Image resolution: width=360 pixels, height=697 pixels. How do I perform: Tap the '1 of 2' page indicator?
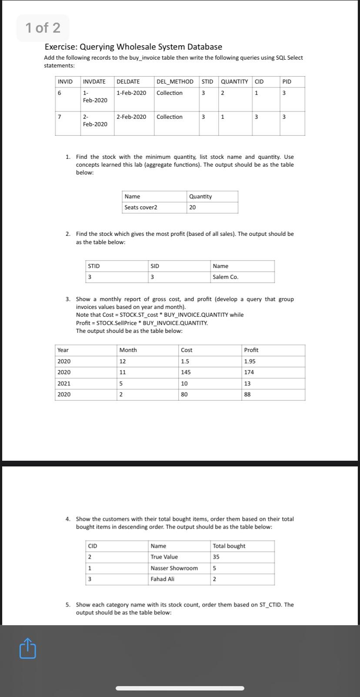pyautogui.click(x=43, y=28)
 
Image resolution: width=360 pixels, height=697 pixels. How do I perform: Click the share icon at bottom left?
pyautogui.click(x=27, y=648)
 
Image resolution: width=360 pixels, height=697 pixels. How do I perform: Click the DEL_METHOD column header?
pyautogui.click(x=175, y=82)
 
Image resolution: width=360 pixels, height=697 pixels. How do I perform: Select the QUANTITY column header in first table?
pyautogui.click(x=234, y=82)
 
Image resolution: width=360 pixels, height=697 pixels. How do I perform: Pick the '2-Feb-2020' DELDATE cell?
pyautogui.click(x=131, y=117)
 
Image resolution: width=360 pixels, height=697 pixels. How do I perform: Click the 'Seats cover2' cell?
pyautogui.click(x=141, y=208)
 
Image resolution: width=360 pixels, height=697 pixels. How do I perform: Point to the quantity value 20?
pyautogui.click(x=193, y=208)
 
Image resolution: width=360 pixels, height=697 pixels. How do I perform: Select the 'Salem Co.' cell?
pyautogui.click(x=226, y=277)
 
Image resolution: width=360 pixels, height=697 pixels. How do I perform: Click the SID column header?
pyautogui.click(x=155, y=266)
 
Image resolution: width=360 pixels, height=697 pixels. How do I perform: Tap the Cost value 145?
pyautogui.click(x=186, y=372)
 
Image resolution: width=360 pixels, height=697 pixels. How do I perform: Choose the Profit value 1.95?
pyautogui.click(x=250, y=362)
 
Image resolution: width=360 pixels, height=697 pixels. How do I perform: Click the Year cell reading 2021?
pyautogui.click(x=64, y=384)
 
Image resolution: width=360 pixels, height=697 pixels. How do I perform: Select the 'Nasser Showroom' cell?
pyautogui.click(x=174, y=568)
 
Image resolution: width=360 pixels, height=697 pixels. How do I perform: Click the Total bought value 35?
pyautogui.click(x=216, y=557)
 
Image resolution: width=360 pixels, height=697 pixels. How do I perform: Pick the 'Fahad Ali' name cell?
pyautogui.click(x=162, y=579)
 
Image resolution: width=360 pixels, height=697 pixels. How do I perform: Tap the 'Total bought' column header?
pyautogui.click(x=229, y=546)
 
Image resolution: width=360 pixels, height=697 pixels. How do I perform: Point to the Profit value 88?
pyautogui.click(x=247, y=395)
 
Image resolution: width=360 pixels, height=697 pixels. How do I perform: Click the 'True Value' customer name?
pyautogui.click(x=164, y=557)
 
